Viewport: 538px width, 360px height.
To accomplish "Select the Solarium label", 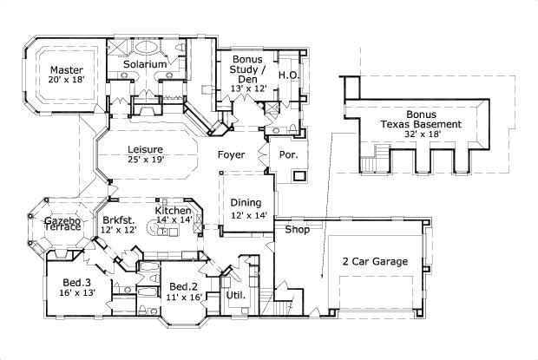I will click(x=145, y=65).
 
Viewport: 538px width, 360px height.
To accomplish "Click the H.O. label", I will click(x=289, y=75).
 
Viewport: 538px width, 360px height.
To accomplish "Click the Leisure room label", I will click(x=145, y=148).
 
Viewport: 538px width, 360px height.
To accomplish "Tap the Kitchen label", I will click(x=173, y=211).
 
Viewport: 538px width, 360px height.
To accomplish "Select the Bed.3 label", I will click(x=76, y=283).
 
